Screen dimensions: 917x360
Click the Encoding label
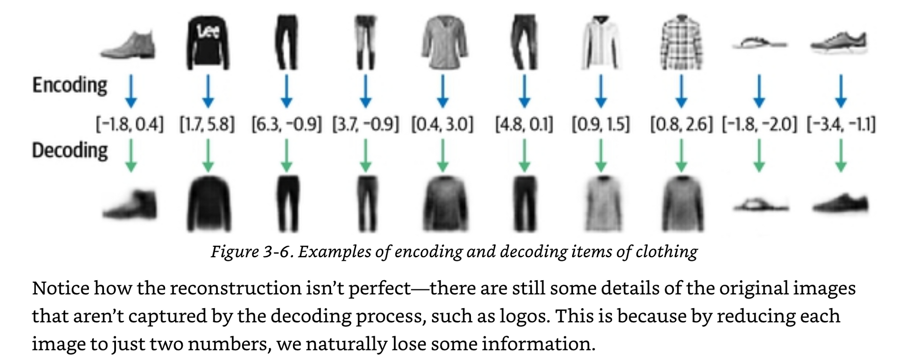pyautogui.click(x=70, y=86)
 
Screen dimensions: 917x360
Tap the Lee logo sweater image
pyautogui.click(x=208, y=43)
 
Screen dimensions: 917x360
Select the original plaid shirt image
pyautogui.click(x=681, y=43)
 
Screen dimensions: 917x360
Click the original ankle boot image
pyautogui.click(x=129, y=45)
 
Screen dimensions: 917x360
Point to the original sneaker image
pyautogui.click(x=839, y=43)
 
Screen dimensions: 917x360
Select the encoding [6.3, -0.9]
pyautogui.click(x=287, y=124)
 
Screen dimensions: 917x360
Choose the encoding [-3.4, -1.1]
pyautogui.click(x=841, y=124)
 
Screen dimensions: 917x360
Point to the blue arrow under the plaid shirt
pyautogui.click(x=681, y=91)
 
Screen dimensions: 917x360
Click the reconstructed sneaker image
pyautogui.click(x=840, y=204)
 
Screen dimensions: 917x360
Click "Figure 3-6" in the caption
pyautogui.click(x=251, y=252)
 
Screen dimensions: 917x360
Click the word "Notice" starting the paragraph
pyautogui.click(x=60, y=288)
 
